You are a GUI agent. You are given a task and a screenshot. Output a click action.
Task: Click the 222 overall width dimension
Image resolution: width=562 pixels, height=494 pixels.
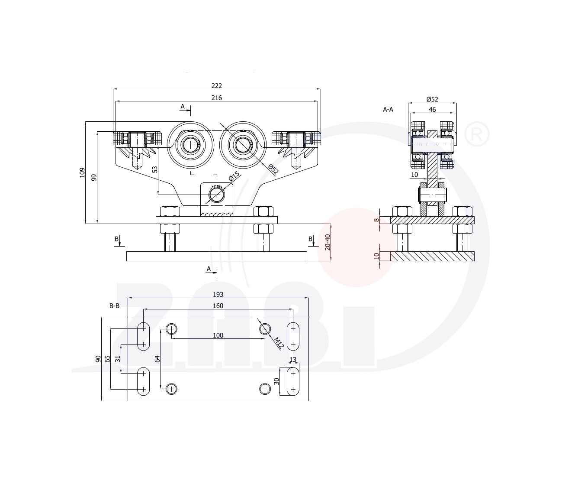point(216,86)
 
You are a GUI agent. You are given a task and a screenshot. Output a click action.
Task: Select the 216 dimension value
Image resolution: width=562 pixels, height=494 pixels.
point(216,98)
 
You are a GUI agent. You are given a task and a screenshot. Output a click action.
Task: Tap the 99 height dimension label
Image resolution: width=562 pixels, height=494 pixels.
point(94,177)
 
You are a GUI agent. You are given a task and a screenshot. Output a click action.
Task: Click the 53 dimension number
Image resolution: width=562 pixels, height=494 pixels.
point(155,169)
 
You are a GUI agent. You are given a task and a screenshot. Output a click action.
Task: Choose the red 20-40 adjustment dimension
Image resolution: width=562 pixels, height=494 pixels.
point(328,242)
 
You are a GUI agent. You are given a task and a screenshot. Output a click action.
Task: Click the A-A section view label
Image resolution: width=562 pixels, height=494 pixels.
point(388,110)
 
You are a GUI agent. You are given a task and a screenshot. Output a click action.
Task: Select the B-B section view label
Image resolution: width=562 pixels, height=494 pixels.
point(114,306)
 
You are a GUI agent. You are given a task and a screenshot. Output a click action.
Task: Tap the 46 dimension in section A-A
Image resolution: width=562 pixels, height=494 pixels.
point(432,110)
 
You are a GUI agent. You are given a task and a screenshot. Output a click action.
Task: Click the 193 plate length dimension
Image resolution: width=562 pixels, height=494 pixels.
point(218,295)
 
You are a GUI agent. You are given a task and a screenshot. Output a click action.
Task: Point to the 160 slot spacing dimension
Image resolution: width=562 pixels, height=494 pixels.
point(218,306)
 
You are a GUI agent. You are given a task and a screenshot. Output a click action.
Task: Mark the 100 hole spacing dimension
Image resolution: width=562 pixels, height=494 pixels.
point(218,335)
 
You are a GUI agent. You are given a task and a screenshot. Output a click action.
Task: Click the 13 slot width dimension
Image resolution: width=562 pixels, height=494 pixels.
point(293,360)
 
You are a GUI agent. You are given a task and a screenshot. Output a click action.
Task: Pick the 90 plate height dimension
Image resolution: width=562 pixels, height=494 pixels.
point(98,359)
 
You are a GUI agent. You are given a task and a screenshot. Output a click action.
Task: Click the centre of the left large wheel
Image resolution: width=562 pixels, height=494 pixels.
point(190,145)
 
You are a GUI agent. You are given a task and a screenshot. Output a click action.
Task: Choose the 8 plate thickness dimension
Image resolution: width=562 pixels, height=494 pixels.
point(377,220)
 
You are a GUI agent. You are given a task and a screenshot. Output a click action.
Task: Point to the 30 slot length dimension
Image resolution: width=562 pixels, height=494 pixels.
point(276,381)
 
